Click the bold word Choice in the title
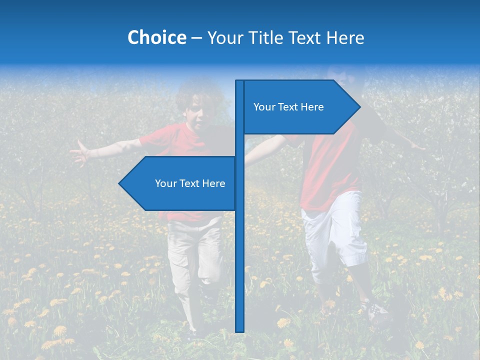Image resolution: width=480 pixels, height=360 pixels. [156, 37]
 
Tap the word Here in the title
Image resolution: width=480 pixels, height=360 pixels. [345, 37]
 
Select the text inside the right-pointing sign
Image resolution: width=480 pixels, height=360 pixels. [288, 107]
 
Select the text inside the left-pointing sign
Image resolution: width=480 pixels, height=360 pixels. [190, 183]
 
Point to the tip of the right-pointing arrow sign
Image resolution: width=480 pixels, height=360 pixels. [359, 106]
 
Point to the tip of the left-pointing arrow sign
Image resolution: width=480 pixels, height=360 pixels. [119, 183]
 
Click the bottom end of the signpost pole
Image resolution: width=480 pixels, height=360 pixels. [240, 330]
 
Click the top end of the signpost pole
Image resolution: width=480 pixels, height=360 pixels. [240, 81]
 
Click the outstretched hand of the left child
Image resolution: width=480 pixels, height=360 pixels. [80, 152]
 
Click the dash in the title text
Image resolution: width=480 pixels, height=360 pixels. [196, 38]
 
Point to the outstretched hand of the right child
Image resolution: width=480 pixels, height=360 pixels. [417, 146]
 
